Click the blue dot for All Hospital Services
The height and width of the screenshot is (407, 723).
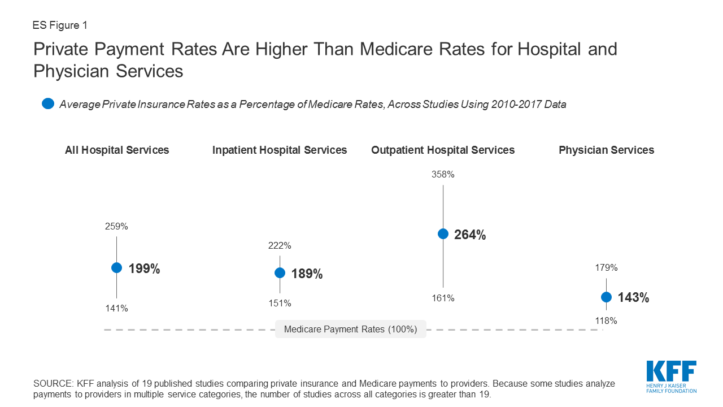click(x=116, y=268)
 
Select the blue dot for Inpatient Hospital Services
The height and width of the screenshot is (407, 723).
click(x=280, y=272)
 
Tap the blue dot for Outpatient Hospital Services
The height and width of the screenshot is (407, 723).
click(x=443, y=233)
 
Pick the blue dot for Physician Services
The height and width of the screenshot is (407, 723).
click(x=606, y=297)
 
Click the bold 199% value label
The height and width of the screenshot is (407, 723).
click(x=145, y=269)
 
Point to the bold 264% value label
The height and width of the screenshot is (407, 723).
click(x=470, y=235)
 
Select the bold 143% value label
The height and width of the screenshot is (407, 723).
click(x=633, y=298)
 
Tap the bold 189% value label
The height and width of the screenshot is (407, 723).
click(x=307, y=274)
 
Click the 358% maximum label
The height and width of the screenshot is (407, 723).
click(x=443, y=175)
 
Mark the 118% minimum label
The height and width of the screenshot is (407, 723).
click(x=606, y=321)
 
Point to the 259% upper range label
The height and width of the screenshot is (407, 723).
click(x=116, y=227)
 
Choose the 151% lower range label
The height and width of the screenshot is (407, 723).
click(x=280, y=304)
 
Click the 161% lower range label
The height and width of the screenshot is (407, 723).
click(x=443, y=298)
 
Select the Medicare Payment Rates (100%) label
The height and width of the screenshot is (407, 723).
click(x=350, y=330)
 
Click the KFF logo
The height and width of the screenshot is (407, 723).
click(x=671, y=376)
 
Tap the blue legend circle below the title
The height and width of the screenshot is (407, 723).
click(x=48, y=103)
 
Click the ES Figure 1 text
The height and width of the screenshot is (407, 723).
click(x=60, y=25)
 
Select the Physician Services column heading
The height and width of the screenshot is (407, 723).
click(x=606, y=150)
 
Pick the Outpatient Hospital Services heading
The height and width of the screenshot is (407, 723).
click(x=443, y=150)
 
